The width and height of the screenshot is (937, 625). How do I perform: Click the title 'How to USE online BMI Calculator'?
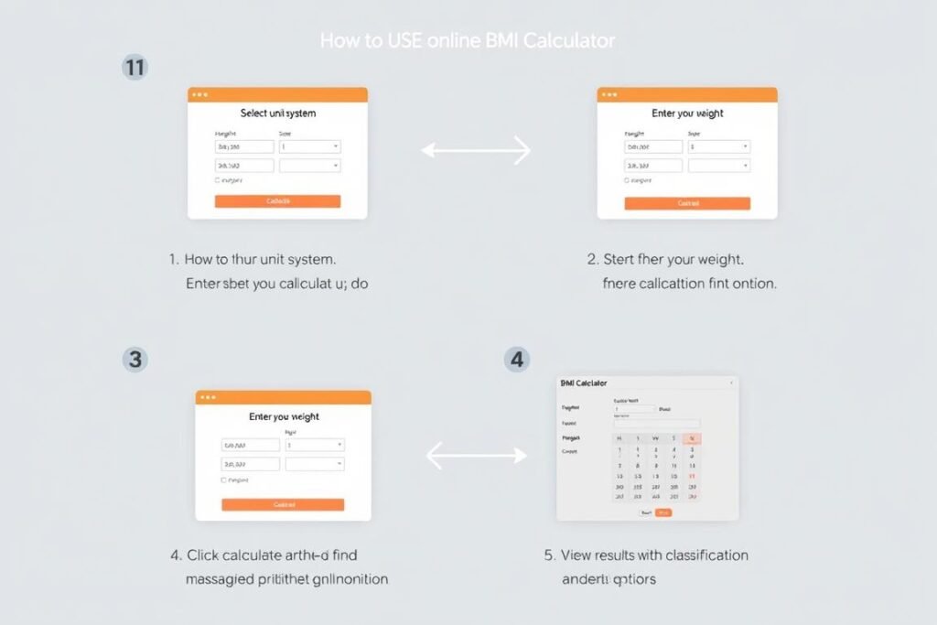(x=468, y=41)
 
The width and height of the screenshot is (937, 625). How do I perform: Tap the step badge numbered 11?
(x=135, y=67)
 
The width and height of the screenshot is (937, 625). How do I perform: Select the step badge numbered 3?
(x=135, y=359)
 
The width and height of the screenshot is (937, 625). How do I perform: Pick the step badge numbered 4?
(x=517, y=359)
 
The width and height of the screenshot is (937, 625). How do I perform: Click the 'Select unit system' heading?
(x=278, y=113)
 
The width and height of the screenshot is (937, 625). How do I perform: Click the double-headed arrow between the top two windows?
(x=476, y=150)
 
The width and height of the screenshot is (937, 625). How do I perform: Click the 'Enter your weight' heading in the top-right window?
(x=687, y=113)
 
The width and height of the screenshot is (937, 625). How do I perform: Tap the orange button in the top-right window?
(x=687, y=203)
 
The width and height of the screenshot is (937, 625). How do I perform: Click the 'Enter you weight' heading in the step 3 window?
(x=284, y=416)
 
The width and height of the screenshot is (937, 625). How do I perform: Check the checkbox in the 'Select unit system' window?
(x=217, y=180)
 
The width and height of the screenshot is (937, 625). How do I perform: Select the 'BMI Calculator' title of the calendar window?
(x=583, y=383)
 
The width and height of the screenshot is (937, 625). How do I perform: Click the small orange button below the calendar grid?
(x=663, y=512)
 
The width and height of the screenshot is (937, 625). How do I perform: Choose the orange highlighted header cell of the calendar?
(x=692, y=438)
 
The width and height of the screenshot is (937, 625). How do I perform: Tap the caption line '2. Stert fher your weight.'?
(x=665, y=260)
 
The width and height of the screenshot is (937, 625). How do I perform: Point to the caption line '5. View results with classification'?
(x=646, y=555)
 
